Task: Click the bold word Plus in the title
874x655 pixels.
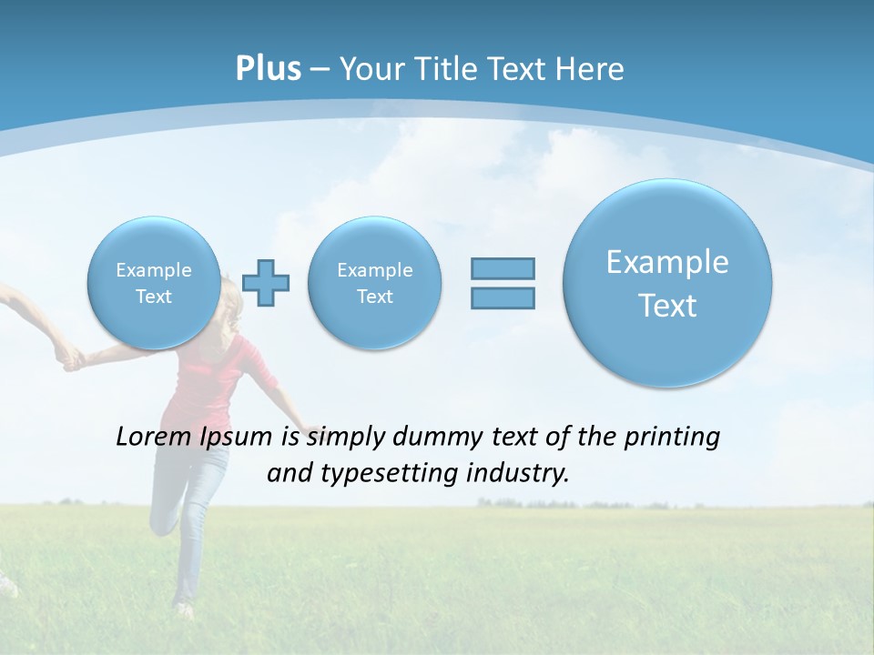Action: point(268,69)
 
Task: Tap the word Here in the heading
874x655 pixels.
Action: point(591,69)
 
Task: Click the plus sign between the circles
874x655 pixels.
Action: point(267,283)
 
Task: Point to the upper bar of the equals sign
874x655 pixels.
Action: point(503,268)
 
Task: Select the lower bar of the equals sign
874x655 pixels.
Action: point(503,297)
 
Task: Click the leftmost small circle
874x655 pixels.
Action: point(153,282)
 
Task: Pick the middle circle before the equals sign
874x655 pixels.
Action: point(374,282)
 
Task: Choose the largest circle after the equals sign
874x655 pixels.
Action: point(667,282)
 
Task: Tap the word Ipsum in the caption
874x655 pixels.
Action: point(236,438)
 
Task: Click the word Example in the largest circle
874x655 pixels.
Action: point(667,262)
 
